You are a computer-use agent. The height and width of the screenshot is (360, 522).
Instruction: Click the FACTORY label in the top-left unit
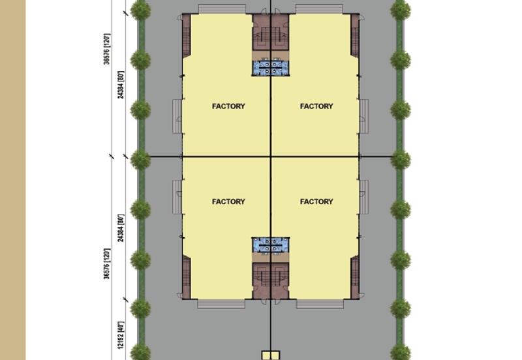pyautogui.click(x=228, y=106)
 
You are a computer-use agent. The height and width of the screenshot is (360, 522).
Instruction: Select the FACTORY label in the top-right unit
pyautogui.click(x=316, y=106)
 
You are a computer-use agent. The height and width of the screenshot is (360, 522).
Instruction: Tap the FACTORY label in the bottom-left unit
pyautogui.click(x=228, y=202)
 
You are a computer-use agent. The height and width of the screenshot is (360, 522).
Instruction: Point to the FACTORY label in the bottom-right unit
pyautogui.click(x=316, y=202)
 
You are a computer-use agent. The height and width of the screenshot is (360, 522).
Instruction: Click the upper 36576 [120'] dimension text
pyautogui.click(x=106, y=49)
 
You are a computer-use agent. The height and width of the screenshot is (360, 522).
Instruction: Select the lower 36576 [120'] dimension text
pyautogui.click(x=106, y=263)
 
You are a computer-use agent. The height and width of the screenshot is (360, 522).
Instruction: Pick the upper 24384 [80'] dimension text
pyautogui.click(x=121, y=85)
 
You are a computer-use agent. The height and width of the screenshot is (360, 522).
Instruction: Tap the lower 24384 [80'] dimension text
pyautogui.click(x=121, y=228)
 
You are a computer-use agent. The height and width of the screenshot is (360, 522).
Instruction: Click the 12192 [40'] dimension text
pyautogui.click(x=121, y=335)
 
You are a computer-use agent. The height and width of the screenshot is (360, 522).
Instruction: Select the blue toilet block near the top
pyautogui.click(x=270, y=68)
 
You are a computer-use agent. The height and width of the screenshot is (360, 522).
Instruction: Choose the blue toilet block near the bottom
pyautogui.click(x=270, y=245)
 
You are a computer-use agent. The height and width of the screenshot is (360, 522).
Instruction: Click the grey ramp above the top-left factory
pyautogui.click(x=222, y=9)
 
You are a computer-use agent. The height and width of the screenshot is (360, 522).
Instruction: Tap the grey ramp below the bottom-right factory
pyautogui.click(x=320, y=304)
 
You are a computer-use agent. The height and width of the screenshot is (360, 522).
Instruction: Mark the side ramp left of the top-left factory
pyautogui.click(x=177, y=116)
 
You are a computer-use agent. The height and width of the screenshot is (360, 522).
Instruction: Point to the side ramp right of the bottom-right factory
pyautogui.click(x=364, y=198)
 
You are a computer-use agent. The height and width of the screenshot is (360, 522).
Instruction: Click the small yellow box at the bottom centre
pyautogui.click(x=271, y=355)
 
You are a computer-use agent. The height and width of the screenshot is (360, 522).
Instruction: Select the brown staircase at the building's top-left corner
pyautogui.click(x=187, y=35)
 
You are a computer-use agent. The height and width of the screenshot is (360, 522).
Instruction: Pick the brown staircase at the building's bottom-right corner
pyautogui.click(x=355, y=277)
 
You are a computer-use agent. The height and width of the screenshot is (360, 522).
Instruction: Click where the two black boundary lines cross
pyautogui.click(x=271, y=156)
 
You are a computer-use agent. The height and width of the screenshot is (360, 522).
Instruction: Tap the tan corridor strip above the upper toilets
pyautogui.click(x=270, y=55)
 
